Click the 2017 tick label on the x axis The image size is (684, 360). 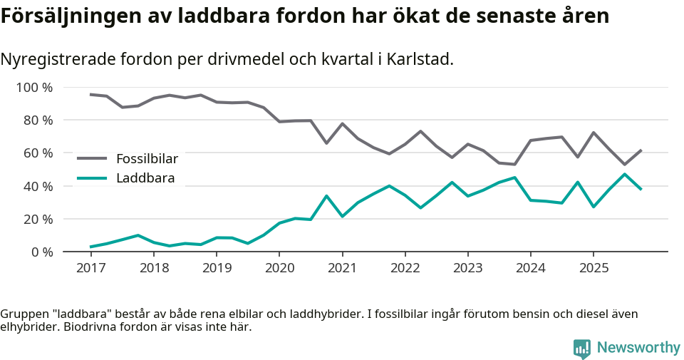click(x=90, y=268)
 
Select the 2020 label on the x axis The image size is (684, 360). click(x=279, y=268)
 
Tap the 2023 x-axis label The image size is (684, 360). click(x=467, y=268)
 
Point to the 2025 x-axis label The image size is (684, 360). click(x=593, y=268)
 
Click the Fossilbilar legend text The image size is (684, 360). click(x=147, y=158)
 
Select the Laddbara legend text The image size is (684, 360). click(x=145, y=178)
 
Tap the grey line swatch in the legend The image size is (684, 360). click(x=92, y=158)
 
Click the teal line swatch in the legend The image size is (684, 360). click(x=92, y=178)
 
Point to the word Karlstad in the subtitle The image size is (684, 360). click(x=420, y=60)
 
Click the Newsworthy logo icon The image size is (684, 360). click(x=582, y=349)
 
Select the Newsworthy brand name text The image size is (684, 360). click(x=638, y=348)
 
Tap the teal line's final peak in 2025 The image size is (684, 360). click(x=625, y=174)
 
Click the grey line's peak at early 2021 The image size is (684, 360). click(x=342, y=124)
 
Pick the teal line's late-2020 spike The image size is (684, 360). click(x=326, y=196)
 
